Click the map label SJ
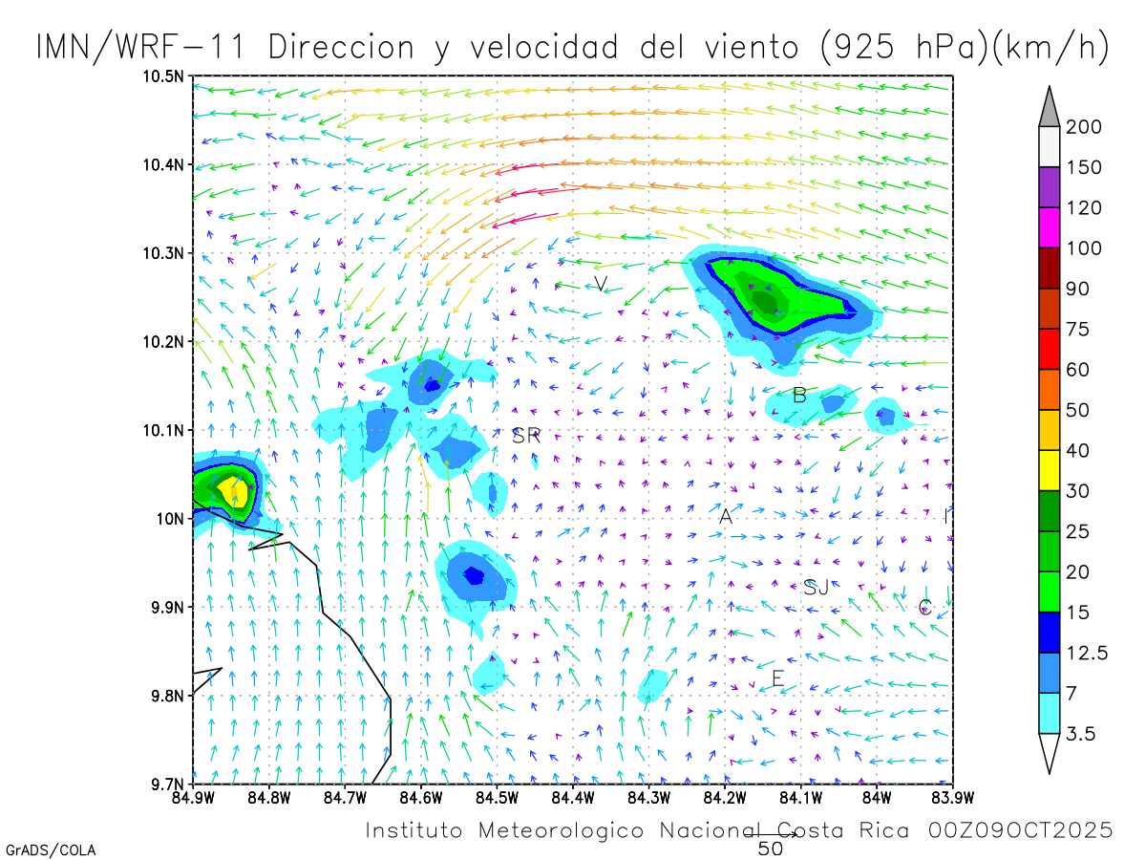click(816, 587)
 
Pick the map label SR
click(526, 437)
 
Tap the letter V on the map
click(600, 284)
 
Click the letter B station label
click(799, 395)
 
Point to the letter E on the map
click(777, 678)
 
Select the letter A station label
click(726, 517)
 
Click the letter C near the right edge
click(924, 607)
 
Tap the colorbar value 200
click(1085, 127)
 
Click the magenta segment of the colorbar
click(1050, 227)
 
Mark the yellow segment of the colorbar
click(1050, 470)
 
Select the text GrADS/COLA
click(50, 849)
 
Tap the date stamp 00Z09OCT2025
click(1020, 830)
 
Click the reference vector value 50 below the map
click(770, 849)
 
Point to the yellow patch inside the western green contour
click(232, 493)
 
